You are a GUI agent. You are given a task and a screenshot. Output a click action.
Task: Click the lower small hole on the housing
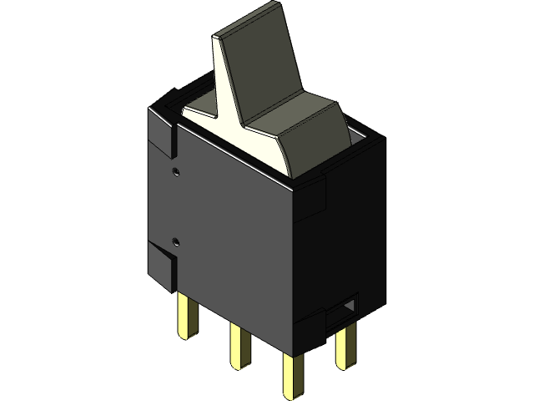tap(175, 242)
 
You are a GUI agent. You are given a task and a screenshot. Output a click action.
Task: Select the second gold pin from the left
tap(239, 346)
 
